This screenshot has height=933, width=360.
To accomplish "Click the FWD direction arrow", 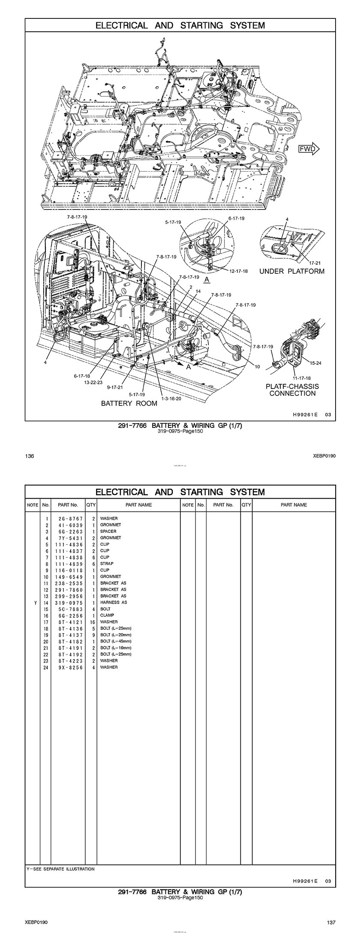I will pyautogui.click(x=309, y=149).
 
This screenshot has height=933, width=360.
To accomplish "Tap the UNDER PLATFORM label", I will pyautogui.click(x=291, y=271).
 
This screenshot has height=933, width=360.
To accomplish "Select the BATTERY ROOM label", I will pyautogui.click(x=129, y=403).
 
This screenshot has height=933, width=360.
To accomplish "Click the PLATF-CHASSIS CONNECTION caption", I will pyautogui.click(x=293, y=390).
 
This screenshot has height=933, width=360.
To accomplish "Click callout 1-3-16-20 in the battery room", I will pyautogui.click(x=171, y=398).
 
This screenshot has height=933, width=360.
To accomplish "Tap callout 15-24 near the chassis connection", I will pyautogui.click(x=315, y=363).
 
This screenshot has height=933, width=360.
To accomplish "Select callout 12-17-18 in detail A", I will pyautogui.click(x=238, y=271).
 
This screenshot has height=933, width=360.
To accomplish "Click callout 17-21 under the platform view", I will pyautogui.click(x=315, y=263).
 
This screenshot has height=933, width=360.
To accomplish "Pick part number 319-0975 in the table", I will pyautogui.click(x=68, y=602).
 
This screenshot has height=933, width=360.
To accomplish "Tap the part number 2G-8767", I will pyautogui.click(x=68, y=518).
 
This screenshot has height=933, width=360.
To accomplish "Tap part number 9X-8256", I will pyautogui.click(x=68, y=667).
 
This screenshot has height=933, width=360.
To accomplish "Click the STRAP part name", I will pyautogui.click(x=107, y=564).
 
